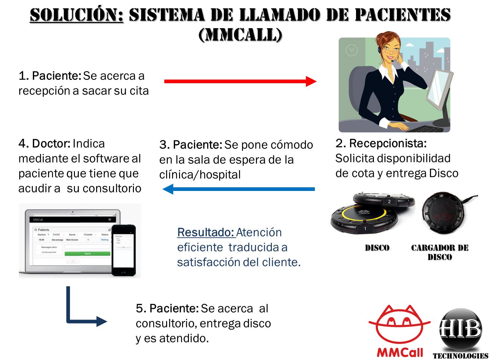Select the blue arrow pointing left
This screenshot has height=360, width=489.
pos(239,189)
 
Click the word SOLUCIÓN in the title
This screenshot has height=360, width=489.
pos(77,15)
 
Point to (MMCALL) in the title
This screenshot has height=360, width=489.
pos(241,34)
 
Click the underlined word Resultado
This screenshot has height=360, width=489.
pos(206,232)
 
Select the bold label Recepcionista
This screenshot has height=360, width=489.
pos(388,143)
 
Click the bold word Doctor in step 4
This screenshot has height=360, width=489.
pos(51,144)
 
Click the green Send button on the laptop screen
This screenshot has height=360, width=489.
pos(87,254)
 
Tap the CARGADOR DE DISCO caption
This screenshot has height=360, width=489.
pos(440,252)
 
